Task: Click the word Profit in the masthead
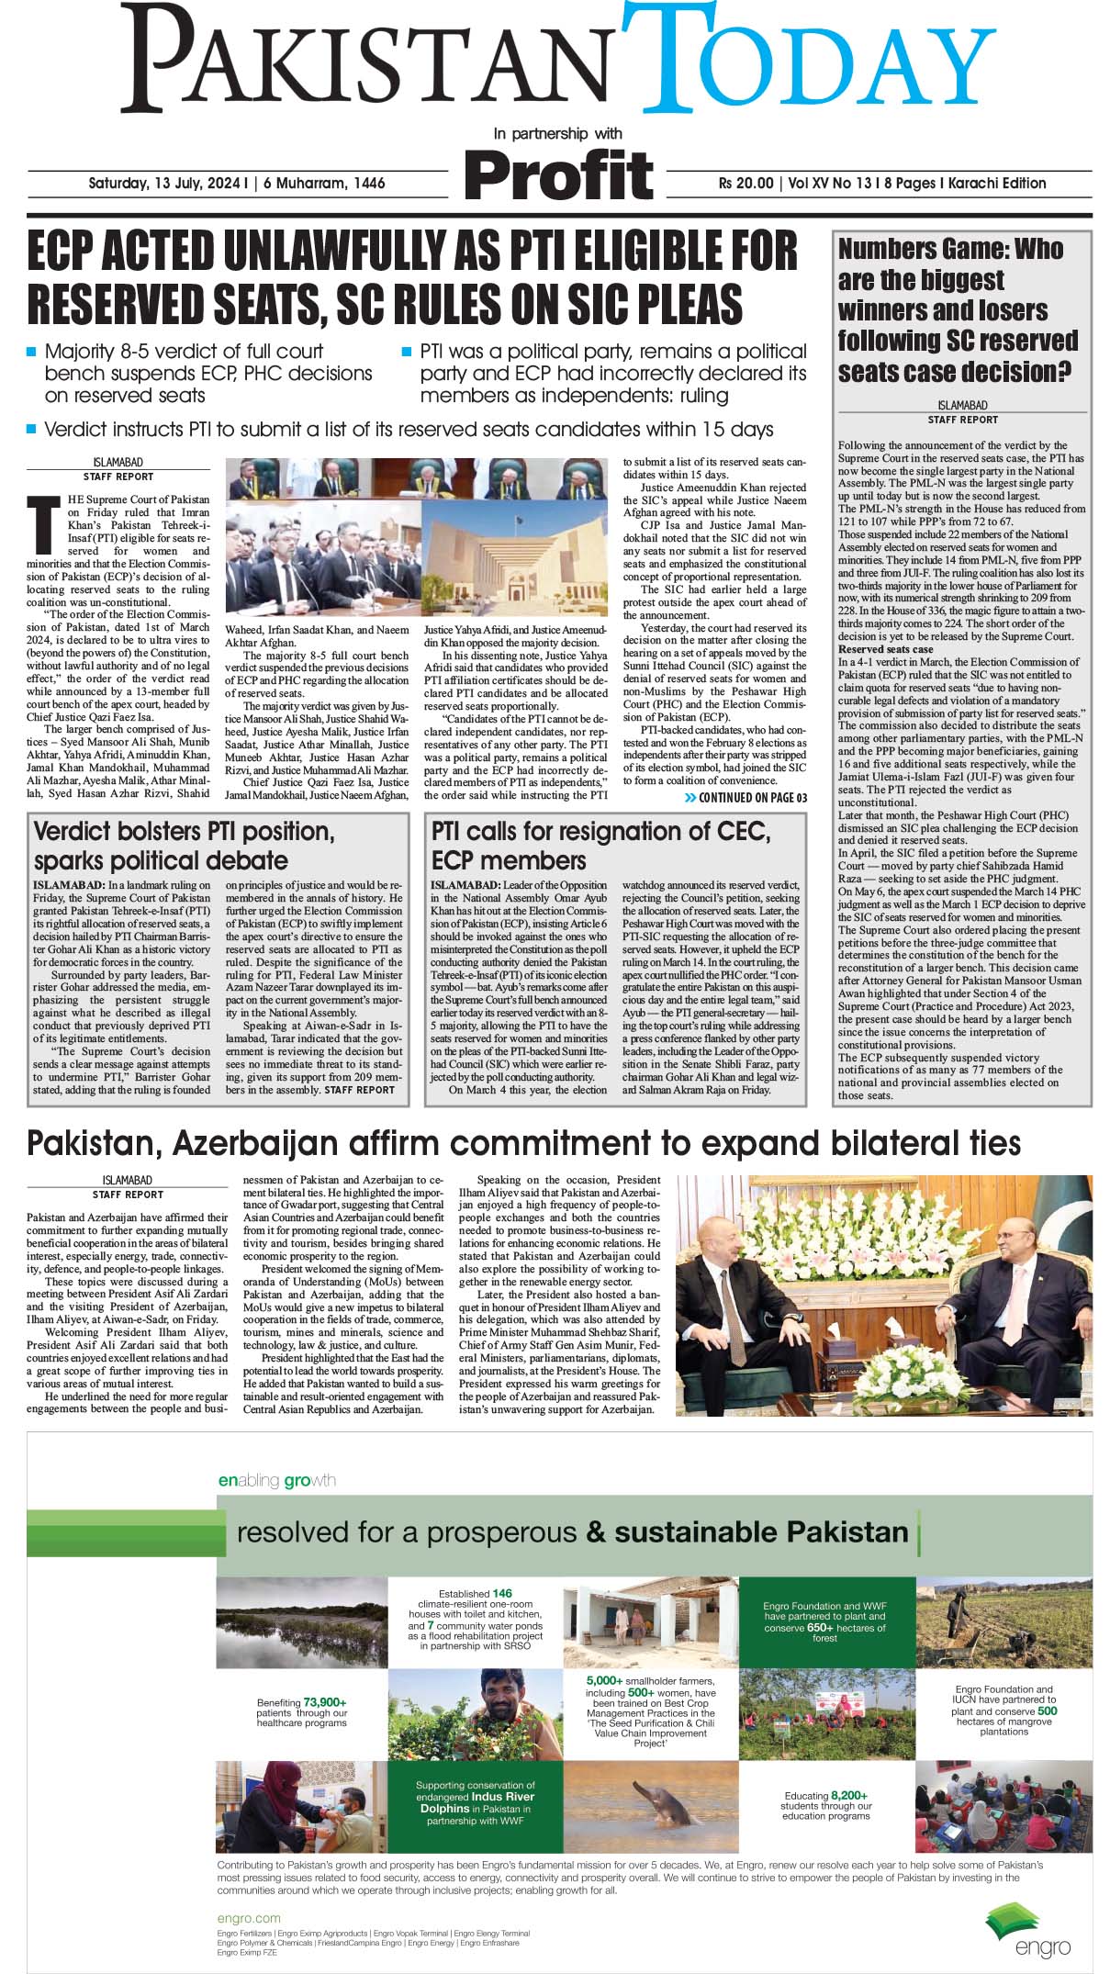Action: [x=558, y=174]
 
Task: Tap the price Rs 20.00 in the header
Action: [x=746, y=183]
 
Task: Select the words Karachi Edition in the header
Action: [x=998, y=183]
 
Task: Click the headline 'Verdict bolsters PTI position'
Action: [x=184, y=831]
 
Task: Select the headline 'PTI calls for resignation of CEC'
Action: [x=600, y=831]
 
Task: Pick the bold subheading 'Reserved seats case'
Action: [x=885, y=649]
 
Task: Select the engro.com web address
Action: [x=249, y=1918]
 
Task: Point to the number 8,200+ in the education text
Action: [x=849, y=1795]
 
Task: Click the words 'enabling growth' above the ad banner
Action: [x=276, y=1481]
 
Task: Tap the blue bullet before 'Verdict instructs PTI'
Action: [x=32, y=429]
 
